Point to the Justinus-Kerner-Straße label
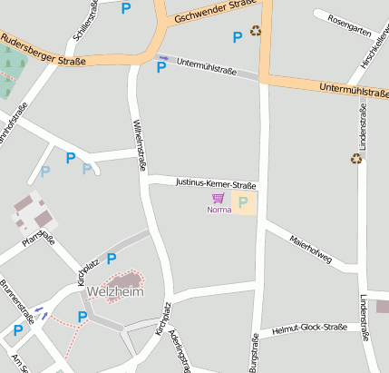(x=216, y=184)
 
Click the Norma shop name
(x=219, y=210)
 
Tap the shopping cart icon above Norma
(x=218, y=198)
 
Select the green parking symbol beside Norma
(x=243, y=201)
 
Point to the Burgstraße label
(x=254, y=352)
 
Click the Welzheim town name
(x=116, y=291)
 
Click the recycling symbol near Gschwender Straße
(x=256, y=32)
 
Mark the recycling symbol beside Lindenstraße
(x=356, y=158)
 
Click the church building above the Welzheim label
(x=130, y=280)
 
